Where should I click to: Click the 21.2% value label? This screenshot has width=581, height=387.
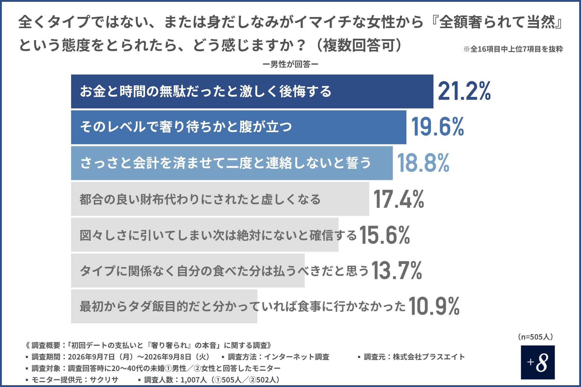tap(464, 91)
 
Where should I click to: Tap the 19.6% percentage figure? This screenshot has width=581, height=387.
tap(438, 127)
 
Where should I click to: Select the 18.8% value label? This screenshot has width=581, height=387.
tap(423, 163)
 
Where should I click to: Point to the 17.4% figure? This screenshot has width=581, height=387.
tap(399, 199)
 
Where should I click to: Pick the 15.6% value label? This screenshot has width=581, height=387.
tap(385, 235)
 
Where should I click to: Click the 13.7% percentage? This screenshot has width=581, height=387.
tap(397, 271)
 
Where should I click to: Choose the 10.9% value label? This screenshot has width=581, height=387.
tap(434, 306)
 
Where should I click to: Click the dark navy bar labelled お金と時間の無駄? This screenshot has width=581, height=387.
tap(252, 91)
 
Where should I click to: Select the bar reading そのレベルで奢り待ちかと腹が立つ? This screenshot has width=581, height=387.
tap(238, 127)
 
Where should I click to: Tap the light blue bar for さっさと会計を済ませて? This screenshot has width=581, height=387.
tap(232, 163)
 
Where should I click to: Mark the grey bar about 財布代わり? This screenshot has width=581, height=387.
tap(220, 199)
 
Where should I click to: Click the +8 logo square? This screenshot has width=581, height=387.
tap(538, 362)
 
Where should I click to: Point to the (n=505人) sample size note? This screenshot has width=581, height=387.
tap(536, 337)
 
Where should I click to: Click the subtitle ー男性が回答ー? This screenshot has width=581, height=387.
tap(290, 64)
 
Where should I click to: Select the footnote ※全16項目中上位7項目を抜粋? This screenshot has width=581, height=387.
tap(513, 49)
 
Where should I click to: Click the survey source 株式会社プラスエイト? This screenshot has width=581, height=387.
tap(429, 357)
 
